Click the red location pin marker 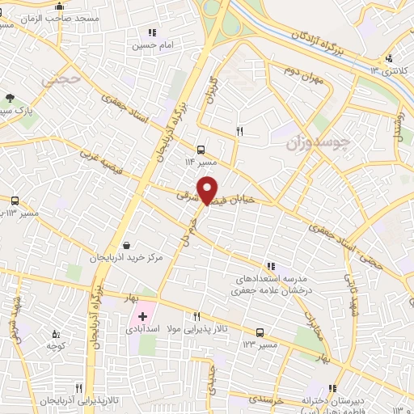click(209, 189)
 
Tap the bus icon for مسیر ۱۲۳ click(260, 332)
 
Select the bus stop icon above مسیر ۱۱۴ click(201, 148)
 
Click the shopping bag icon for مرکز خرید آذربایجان click(126, 245)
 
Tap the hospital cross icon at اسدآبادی click(143, 315)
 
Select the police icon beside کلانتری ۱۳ click(390, 57)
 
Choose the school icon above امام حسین click(151, 32)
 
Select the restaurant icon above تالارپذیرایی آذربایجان click(78, 388)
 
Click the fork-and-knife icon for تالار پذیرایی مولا click(196, 316)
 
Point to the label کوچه click(55, 344)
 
